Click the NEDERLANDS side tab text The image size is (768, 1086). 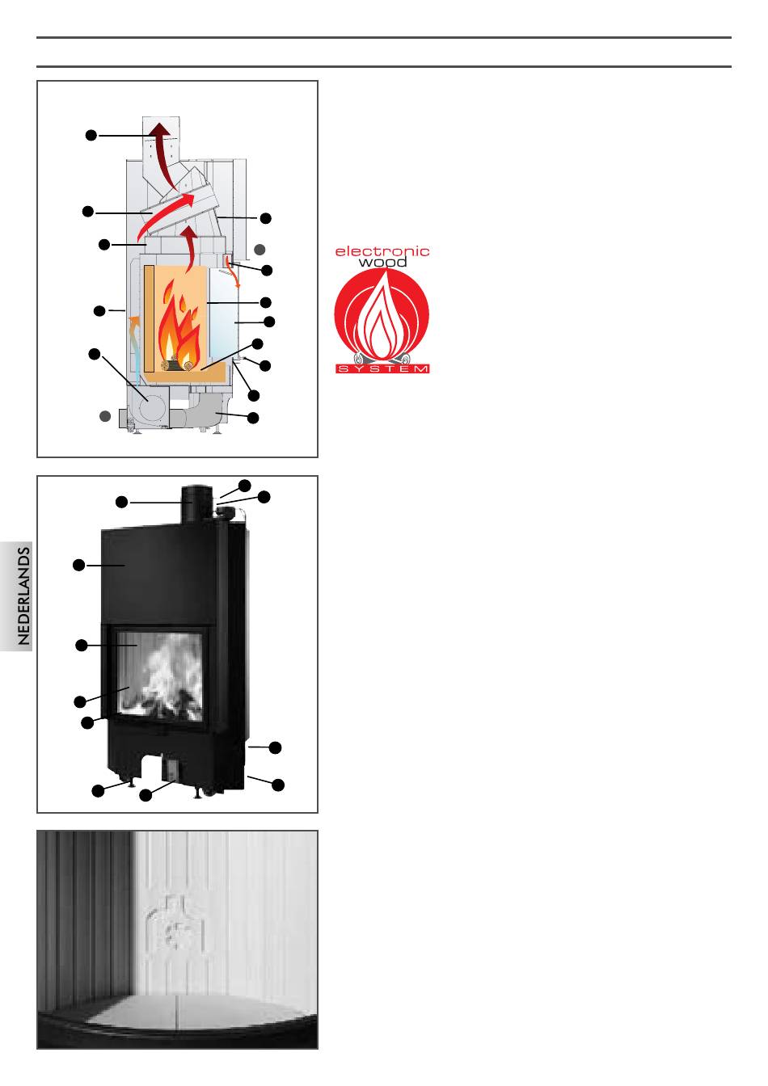pyautogui.click(x=23, y=596)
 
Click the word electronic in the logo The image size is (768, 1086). pyautogui.click(x=382, y=251)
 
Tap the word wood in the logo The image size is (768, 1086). pyautogui.click(x=382, y=263)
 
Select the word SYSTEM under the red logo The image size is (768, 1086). pyautogui.click(x=382, y=369)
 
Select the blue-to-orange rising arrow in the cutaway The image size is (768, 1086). pyautogui.click(x=135, y=345)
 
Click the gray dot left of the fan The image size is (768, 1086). pyautogui.click(x=105, y=416)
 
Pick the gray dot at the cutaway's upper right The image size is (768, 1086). pyautogui.click(x=260, y=249)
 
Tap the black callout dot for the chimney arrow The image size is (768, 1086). pyautogui.click(x=91, y=135)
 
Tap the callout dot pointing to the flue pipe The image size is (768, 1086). pyautogui.click(x=121, y=503)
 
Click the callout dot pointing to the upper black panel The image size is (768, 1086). pyautogui.click(x=78, y=565)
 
